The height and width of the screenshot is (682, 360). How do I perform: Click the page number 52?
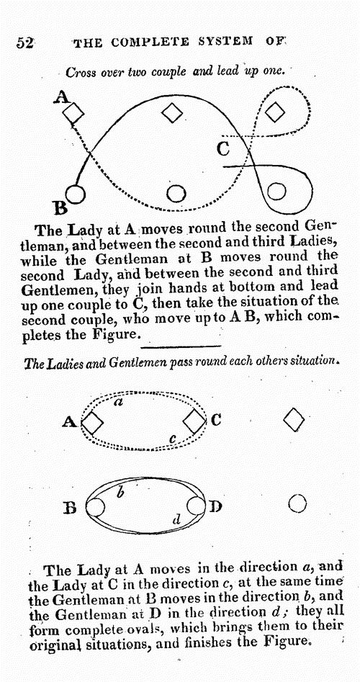(x=25, y=42)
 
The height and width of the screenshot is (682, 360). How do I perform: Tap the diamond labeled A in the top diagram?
(x=73, y=114)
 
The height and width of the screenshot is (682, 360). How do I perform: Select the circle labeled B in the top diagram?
(x=76, y=194)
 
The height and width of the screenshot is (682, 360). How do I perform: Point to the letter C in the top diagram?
(x=223, y=149)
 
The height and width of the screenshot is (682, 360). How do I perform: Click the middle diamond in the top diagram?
(x=173, y=113)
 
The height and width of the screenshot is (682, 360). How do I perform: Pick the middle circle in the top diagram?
(x=176, y=194)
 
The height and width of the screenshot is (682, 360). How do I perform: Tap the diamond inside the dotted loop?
(x=275, y=112)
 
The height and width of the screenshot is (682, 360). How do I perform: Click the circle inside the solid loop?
(x=276, y=192)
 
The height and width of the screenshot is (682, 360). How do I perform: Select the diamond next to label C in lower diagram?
(x=194, y=421)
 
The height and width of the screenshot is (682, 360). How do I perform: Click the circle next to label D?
(x=196, y=506)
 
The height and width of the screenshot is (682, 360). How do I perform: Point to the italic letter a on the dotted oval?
(x=117, y=403)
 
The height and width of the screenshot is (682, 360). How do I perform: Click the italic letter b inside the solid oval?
(x=121, y=493)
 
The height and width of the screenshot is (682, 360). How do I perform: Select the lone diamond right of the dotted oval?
(x=294, y=420)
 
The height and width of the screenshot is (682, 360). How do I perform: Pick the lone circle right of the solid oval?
(x=297, y=505)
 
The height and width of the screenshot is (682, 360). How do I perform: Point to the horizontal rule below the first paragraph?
(x=181, y=346)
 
